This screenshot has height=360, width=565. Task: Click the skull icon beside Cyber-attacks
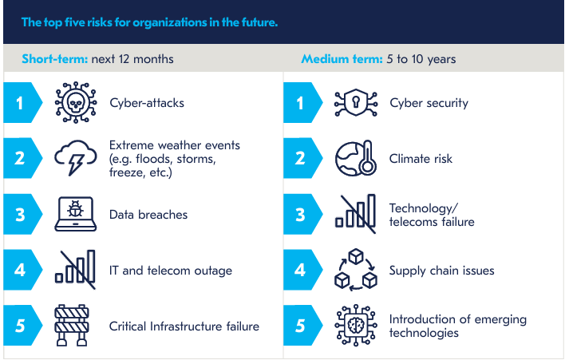coord(76,103)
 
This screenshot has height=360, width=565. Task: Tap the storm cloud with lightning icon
coord(76,158)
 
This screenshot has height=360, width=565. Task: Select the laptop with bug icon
coord(76,214)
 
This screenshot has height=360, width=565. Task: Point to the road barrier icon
coord(72,326)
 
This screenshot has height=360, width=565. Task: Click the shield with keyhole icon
coord(356,103)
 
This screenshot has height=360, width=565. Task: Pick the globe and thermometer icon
coord(356,158)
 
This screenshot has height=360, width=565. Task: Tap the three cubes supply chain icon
coord(356,270)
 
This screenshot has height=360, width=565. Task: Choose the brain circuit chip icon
coord(356,326)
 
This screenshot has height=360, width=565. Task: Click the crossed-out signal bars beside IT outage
coord(76,270)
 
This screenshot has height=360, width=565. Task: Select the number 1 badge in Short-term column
coord(22,103)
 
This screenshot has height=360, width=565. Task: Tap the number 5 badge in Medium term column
coord(302,326)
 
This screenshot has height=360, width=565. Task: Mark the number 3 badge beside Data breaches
coord(22,215)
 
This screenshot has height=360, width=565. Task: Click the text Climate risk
coord(421,159)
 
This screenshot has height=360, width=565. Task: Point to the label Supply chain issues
coord(442,271)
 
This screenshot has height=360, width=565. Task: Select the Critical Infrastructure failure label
coord(184,326)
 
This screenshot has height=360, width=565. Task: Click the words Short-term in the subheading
coord(55,59)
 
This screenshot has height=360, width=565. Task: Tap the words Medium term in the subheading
coord(342,59)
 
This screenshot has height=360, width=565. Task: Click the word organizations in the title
coord(170,22)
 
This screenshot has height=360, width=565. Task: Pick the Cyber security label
coord(429,103)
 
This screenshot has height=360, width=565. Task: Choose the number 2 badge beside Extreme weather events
coord(22,158)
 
